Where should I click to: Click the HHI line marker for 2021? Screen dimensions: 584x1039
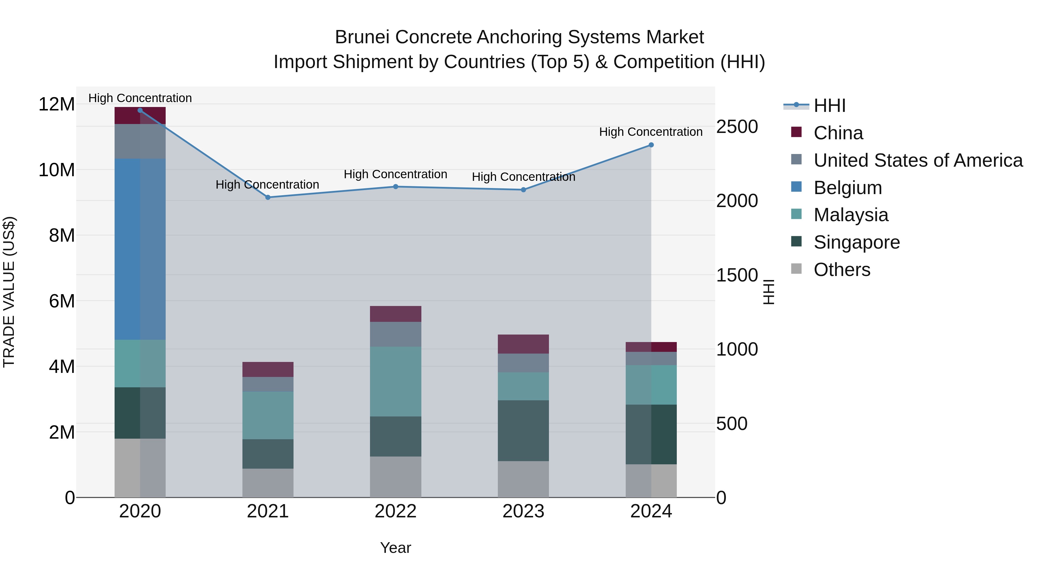[268, 198]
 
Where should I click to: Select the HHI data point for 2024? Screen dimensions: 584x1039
[651, 145]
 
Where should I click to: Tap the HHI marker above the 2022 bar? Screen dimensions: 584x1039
[396, 187]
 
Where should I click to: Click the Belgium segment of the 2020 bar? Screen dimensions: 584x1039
[140, 249]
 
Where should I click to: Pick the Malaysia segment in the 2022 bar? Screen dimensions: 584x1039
[396, 381]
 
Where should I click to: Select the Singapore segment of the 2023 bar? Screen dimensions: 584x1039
[523, 431]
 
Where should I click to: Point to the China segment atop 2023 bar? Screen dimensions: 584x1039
[523, 344]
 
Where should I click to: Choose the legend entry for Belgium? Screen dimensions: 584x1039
[847, 188]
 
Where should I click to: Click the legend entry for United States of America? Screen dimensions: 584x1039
[917, 160]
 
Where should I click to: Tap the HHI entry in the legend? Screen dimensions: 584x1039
[829, 106]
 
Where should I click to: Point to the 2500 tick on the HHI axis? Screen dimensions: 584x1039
[737, 127]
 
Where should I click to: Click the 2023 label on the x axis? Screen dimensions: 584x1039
[523, 511]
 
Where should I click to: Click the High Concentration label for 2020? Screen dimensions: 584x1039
[140, 98]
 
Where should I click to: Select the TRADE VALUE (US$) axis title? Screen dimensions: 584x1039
[9, 292]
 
